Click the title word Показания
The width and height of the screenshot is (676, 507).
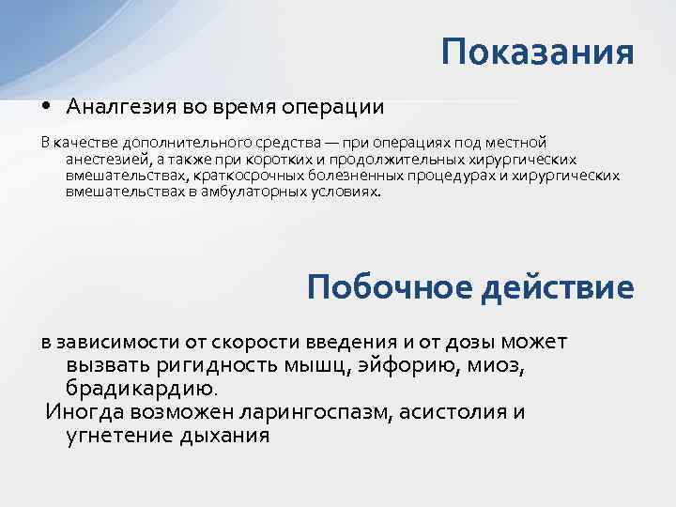pos(538,52)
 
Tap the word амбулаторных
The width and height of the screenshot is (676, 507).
pos(266,191)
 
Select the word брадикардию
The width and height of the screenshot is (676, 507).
pos(141,388)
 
